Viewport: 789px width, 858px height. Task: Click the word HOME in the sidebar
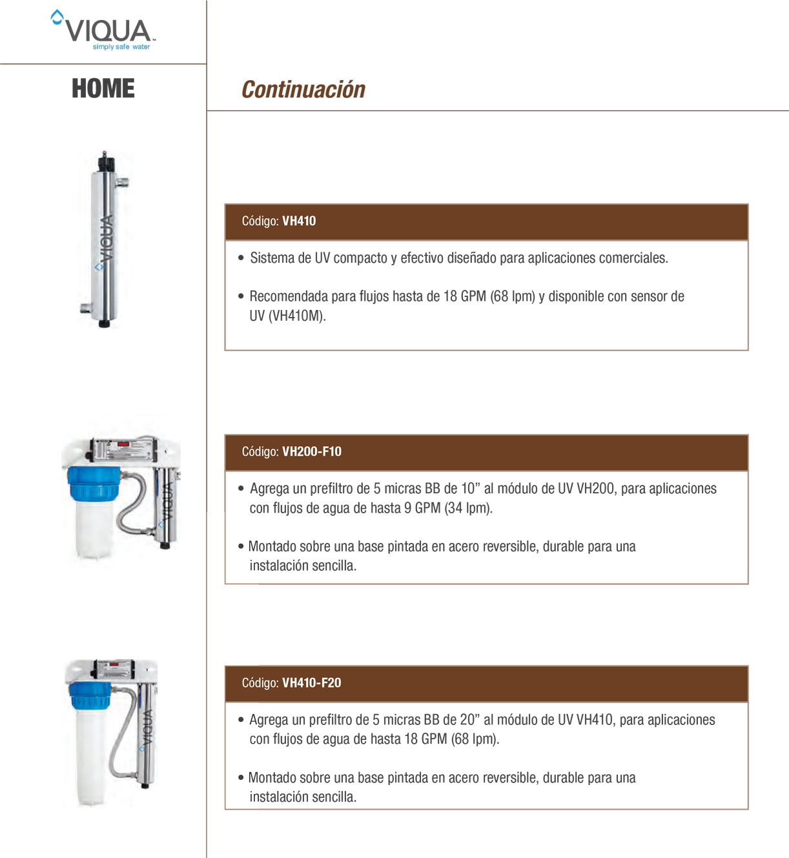click(103, 88)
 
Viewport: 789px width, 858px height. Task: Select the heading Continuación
click(303, 90)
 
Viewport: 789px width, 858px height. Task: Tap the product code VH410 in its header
click(299, 221)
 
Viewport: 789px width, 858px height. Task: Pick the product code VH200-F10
click(312, 451)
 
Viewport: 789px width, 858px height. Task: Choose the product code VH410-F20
click(311, 682)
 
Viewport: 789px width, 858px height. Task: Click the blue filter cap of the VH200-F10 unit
click(94, 484)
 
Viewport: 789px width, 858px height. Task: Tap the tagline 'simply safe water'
click(121, 47)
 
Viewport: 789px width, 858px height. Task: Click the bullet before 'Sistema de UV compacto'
click(241, 258)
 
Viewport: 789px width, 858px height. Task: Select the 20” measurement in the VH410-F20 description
click(467, 720)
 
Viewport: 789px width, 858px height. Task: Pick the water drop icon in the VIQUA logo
click(57, 17)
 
